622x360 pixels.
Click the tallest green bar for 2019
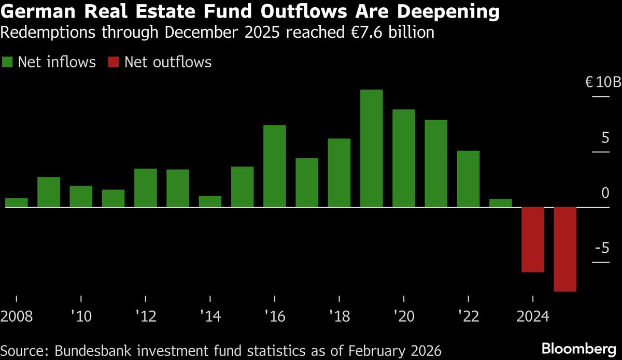pyautogui.click(x=371, y=148)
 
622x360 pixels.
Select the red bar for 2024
pyautogui.click(x=532, y=239)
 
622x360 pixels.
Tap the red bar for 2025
pyautogui.click(x=565, y=249)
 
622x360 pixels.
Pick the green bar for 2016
pyautogui.click(x=275, y=166)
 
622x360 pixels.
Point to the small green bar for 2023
pyautogui.click(x=500, y=203)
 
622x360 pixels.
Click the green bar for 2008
pyautogui.click(x=16, y=203)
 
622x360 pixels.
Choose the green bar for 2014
pyautogui.click(x=210, y=201)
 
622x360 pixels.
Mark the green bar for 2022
pyautogui.click(x=468, y=179)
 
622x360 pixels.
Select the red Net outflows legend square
pyautogui.click(x=114, y=63)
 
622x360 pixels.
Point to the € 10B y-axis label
pyautogui.click(x=602, y=82)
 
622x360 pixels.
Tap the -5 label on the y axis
pyautogui.click(x=602, y=249)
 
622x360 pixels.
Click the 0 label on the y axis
pyautogui.click(x=605, y=193)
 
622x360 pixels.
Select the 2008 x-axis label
pyautogui.click(x=17, y=316)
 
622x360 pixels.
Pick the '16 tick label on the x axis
pyautogui.click(x=275, y=316)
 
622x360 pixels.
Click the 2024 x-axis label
pyautogui.click(x=532, y=316)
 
